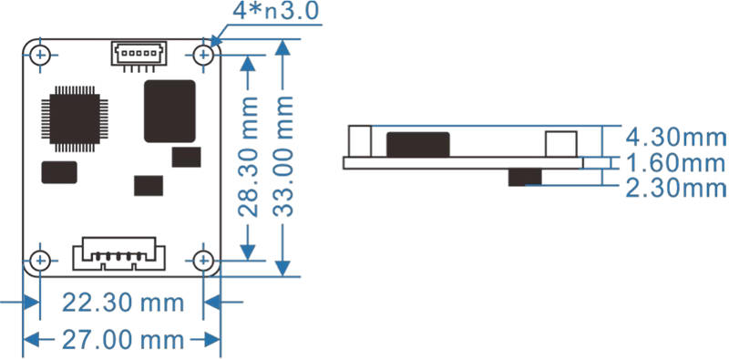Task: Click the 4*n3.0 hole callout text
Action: pyautogui.click(x=276, y=10)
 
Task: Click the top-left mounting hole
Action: pyautogui.click(x=40, y=56)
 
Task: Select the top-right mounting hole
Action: pyautogui.click(x=203, y=56)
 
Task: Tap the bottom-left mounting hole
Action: pyautogui.click(x=40, y=261)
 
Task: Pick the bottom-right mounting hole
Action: pyautogui.click(x=203, y=261)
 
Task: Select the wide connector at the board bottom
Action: pyautogui.click(x=119, y=254)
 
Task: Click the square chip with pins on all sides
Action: pyautogui.click(x=75, y=119)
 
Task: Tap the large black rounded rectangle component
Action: pyautogui.click(x=169, y=110)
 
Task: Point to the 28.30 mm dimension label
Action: pyautogui.click(x=248, y=157)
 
